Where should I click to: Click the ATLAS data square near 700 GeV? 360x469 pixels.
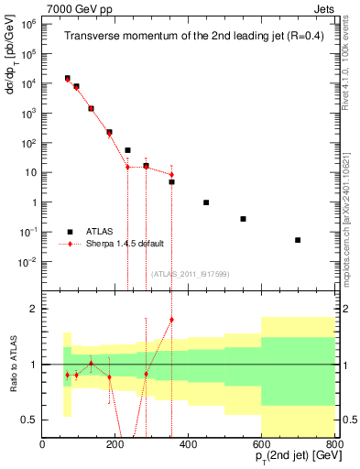(x=298, y=240)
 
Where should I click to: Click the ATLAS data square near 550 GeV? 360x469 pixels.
(x=243, y=219)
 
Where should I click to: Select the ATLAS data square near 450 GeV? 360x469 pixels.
(x=206, y=202)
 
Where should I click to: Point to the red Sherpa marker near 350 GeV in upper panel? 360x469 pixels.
(x=171, y=175)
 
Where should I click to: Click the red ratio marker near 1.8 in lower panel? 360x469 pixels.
(x=171, y=320)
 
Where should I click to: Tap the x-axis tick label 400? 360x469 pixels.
(x=189, y=446)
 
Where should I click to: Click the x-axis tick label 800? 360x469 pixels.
(x=334, y=446)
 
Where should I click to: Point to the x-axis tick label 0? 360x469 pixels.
(x=43, y=446)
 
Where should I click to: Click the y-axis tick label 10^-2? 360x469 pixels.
(x=27, y=262)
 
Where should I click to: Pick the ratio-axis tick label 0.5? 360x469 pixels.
(x=29, y=420)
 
